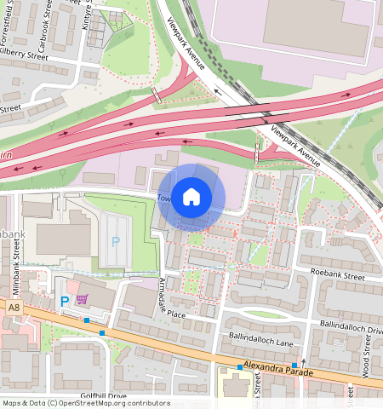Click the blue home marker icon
click(x=191, y=197)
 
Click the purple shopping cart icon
click(x=83, y=299)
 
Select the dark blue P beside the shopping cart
click(x=64, y=301)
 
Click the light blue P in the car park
click(x=115, y=242)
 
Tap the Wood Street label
click(x=366, y=358)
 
